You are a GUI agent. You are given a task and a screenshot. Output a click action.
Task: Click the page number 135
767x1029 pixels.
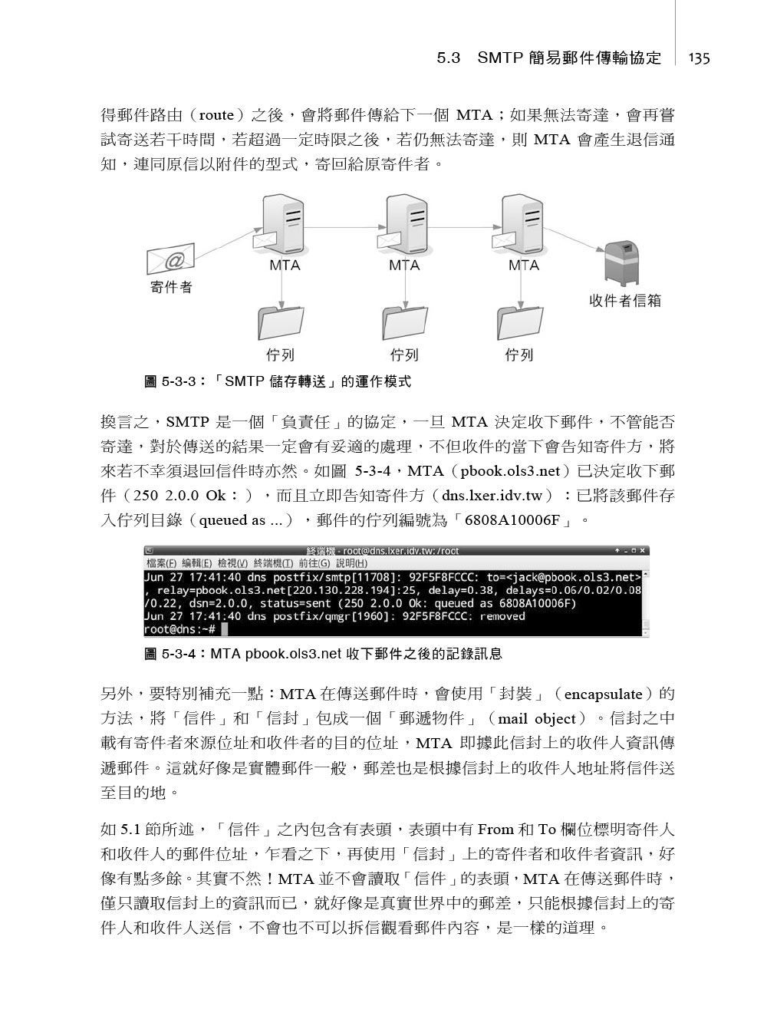(699, 58)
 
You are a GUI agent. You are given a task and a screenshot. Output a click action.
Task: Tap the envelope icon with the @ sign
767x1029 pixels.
(170, 259)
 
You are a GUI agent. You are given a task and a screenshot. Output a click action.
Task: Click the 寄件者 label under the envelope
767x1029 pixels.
(171, 288)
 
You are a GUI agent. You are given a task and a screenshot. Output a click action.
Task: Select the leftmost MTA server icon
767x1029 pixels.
(281, 225)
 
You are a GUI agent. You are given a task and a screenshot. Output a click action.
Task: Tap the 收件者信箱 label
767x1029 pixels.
(624, 301)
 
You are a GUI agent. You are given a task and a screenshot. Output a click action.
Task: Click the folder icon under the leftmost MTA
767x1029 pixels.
(281, 323)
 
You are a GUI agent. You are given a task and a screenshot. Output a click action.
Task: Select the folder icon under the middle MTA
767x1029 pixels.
(404, 323)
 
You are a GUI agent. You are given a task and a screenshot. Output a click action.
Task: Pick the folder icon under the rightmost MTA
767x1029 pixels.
(519, 323)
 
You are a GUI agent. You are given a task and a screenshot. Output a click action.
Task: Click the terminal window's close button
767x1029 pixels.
(643, 550)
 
